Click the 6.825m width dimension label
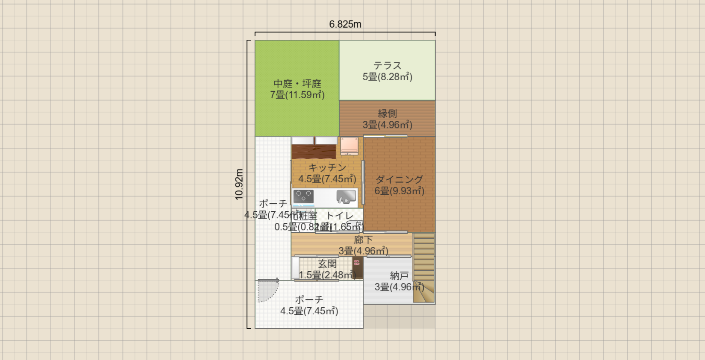coord(345,24)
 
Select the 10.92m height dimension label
coord(239,184)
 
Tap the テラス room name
coord(388,65)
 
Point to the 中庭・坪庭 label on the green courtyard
coord(297,83)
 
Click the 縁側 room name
coord(388,114)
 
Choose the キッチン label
coord(327,167)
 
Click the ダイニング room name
coord(399,179)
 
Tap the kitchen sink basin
coord(346,196)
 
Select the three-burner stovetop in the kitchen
coord(303,196)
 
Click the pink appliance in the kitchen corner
coord(349,145)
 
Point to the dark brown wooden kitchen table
coord(314,152)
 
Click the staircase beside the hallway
coord(424,267)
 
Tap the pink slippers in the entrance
coord(357,263)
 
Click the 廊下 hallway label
coord(363,240)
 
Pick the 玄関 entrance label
coord(327,263)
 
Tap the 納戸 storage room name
coord(399,276)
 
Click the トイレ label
coord(340,216)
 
